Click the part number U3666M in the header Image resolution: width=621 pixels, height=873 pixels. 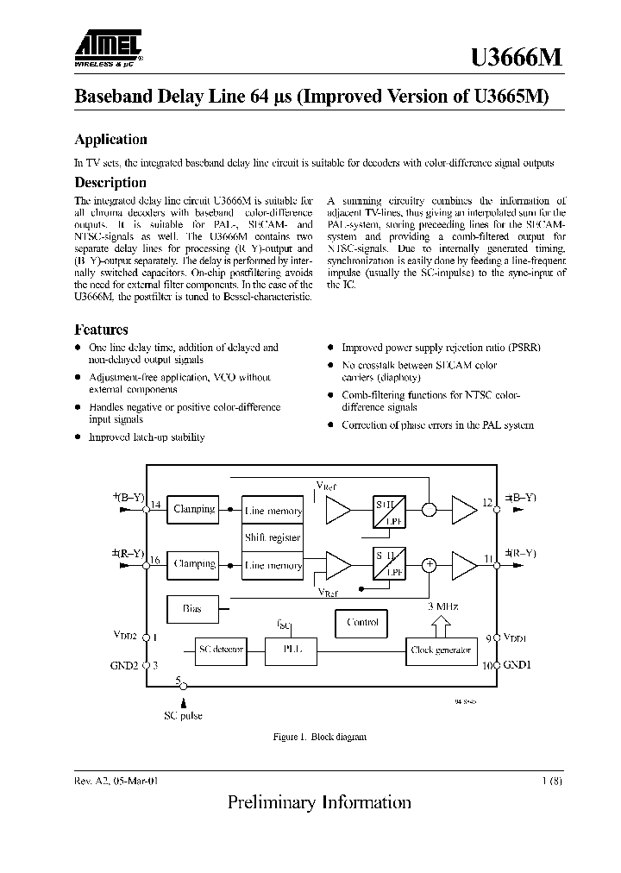tap(517, 57)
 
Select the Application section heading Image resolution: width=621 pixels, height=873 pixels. tap(110, 140)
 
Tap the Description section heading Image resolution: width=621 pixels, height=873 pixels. tap(110, 183)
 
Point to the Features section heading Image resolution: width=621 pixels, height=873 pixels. tap(101, 330)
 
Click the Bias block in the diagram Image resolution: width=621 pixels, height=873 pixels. tap(192, 609)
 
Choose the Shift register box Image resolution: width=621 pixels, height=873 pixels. tap(273, 537)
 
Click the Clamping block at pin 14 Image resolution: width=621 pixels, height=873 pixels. tap(194, 509)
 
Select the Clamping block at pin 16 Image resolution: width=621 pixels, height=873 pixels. tap(194, 564)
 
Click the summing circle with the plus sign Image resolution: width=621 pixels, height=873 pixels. tap(429, 565)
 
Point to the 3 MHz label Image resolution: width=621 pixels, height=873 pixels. tap(442, 607)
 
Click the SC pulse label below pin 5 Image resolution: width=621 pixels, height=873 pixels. tap(183, 716)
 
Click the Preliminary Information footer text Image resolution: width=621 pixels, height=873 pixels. tap(319, 802)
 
